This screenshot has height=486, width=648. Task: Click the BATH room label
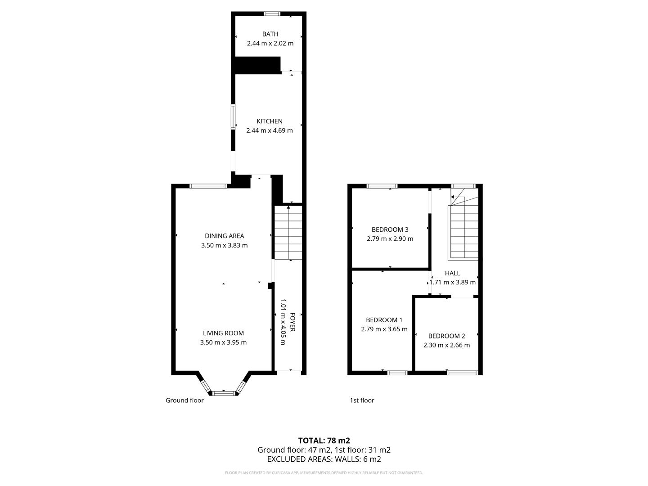coord(270,34)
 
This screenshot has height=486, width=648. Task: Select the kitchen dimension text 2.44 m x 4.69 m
coord(269,130)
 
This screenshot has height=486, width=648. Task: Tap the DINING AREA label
coord(225,236)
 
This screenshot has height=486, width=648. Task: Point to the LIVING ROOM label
coord(223,333)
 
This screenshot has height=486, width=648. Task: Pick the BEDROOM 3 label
coord(390,229)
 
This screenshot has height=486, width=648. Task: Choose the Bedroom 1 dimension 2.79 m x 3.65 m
coord(384,328)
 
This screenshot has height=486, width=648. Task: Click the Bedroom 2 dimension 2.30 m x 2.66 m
coord(446,345)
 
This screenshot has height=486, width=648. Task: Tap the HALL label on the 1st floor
coord(452,273)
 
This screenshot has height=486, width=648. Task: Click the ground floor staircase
coord(288,233)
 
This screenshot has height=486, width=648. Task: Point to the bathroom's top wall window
coord(272,13)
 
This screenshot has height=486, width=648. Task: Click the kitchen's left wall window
coord(233,117)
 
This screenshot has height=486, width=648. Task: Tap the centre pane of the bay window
coord(224,393)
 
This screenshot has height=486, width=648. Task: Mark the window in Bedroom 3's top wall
coord(382,186)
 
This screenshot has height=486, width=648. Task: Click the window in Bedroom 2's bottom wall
coord(462,373)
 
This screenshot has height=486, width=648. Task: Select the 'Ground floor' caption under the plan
coord(184,400)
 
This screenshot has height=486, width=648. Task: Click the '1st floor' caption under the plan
coord(362,400)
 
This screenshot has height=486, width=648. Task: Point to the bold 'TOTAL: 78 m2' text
coord(324,441)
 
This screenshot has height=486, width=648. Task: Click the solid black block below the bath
coord(257,65)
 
